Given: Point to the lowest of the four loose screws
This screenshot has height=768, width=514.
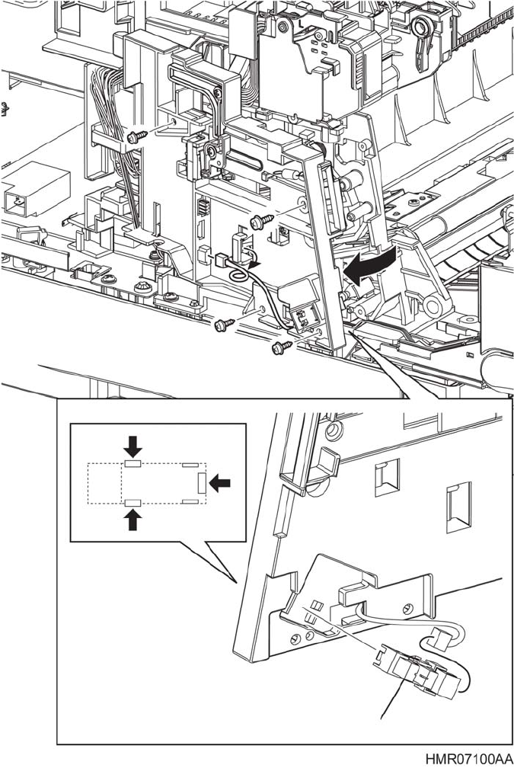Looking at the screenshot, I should click(279, 347).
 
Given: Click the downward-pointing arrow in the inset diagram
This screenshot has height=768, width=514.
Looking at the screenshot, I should click(133, 444).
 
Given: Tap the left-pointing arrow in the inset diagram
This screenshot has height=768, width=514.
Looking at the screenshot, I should click(222, 481).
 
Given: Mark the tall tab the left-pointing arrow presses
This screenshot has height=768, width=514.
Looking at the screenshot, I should click(201, 482).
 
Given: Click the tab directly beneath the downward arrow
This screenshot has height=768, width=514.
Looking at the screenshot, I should click(133, 462).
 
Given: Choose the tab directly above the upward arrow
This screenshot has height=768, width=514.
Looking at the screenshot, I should click(133, 501).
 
